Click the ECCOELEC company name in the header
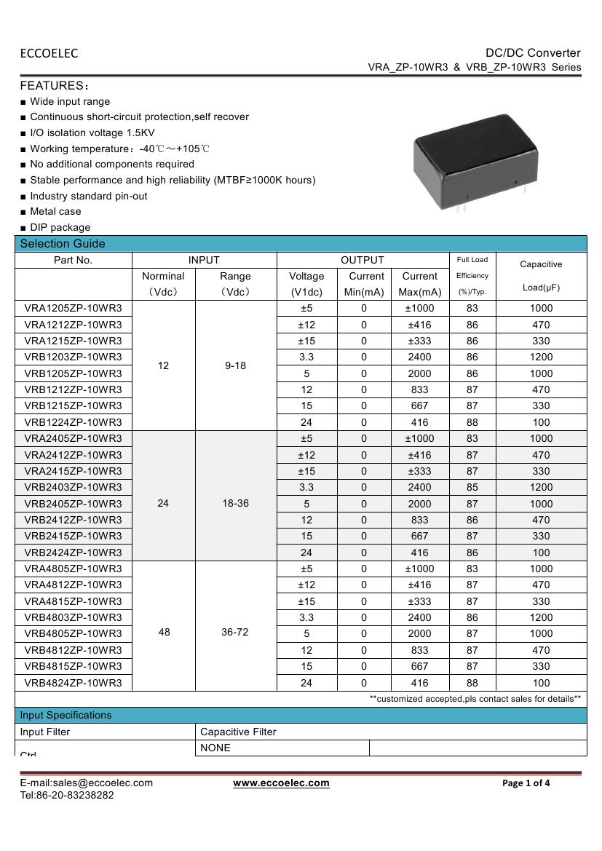coord(49,53)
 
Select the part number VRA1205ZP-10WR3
coord(73,308)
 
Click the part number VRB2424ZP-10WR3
coord(73,553)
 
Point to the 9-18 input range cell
coord(235,365)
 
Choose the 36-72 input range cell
coord(235,632)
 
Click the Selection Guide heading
coord(63,244)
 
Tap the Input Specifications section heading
coord(66,715)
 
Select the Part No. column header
coord(73,260)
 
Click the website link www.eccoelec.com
coord(281,783)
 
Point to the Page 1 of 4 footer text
coord(526,783)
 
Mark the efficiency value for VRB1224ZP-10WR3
coord(472,422)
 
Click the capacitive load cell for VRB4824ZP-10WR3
coord(541,683)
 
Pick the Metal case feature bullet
coord(55,211)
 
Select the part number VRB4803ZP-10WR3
coord(73,617)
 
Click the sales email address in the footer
coord(87,783)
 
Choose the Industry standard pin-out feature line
coord(88,196)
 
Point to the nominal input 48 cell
coord(164,632)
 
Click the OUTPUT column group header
coord(363,260)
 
